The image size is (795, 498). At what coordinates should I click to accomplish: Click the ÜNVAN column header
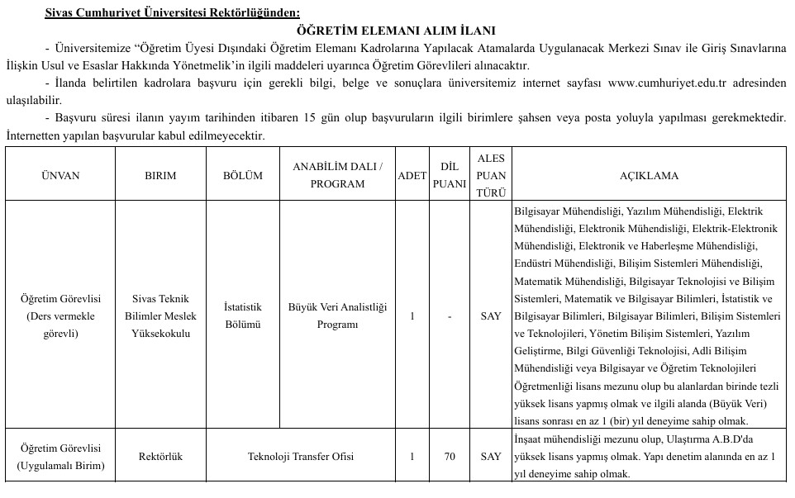tap(60, 176)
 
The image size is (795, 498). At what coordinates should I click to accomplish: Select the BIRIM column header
tap(160, 176)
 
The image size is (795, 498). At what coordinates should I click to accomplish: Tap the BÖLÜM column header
tap(243, 176)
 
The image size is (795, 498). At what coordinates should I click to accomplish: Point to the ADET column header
tap(412, 176)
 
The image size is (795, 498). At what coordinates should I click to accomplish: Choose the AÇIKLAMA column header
tap(649, 176)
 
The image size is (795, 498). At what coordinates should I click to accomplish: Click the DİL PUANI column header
tap(450, 176)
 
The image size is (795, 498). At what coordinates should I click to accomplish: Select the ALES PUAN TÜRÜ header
tap(491, 176)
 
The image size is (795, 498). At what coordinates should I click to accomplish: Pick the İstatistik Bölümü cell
tap(243, 316)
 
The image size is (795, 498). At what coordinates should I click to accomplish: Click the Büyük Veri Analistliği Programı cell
tap(337, 316)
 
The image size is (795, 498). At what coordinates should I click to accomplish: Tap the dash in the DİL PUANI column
tap(450, 316)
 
